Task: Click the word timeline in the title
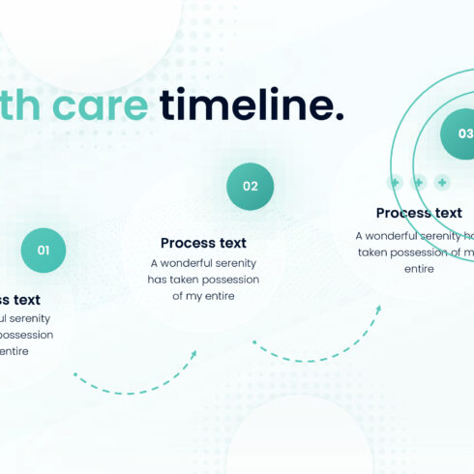tap(252, 105)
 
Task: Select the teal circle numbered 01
tap(44, 251)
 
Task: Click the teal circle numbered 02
tap(251, 187)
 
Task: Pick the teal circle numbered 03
tap(463, 134)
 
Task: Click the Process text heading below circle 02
tap(203, 243)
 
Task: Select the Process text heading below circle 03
tap(419, 213)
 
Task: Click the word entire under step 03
tap(419, 268)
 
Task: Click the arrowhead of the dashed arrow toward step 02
tap(193, 354)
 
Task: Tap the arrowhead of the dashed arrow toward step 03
tap(378, 310)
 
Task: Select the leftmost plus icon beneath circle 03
tap(395, 182)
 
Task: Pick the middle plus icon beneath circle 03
tap(419, 182)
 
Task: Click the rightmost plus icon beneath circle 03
tap(442, 182)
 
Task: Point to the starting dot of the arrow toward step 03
tap(254, 341)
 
